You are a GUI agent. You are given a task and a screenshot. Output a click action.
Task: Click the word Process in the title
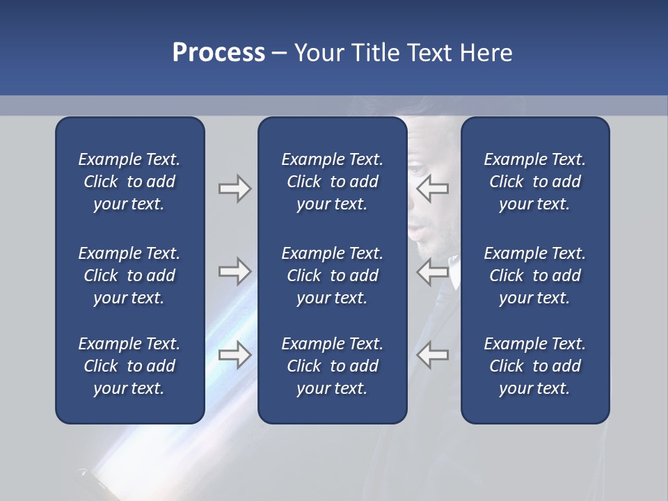click(x=218, y=53)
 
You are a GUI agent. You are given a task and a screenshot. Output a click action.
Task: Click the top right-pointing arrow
click(x=234, y=189)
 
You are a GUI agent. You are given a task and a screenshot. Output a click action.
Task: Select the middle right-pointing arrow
click(x=234, y=271)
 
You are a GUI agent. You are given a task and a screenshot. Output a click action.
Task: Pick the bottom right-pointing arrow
click(x=234, y=355)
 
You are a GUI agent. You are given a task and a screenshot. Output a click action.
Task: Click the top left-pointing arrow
click(x=433, y=189)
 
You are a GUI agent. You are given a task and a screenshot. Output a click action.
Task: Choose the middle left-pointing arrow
click(x=433, y=271)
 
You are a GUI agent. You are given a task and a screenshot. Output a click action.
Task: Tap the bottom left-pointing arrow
click(x=433, y=355)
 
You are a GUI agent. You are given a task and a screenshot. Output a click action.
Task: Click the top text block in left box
click(x=129, y=182)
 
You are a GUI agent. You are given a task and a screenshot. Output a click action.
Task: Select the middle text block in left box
click(x=129, y=276)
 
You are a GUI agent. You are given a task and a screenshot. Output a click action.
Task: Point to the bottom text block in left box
click(x=129, y=366)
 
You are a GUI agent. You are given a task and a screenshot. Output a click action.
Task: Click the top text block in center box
click(x=332, y=182)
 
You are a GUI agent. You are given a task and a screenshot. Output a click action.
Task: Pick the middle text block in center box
click(x=332, y=276)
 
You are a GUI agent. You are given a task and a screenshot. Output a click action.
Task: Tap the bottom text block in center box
click(x=332, y=366)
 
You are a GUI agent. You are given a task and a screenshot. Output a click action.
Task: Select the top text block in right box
click(x=534, y=182)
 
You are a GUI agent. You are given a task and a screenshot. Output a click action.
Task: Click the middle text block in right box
click(x=534, y=276)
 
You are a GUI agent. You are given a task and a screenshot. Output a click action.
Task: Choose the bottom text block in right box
click(x=534, y=366)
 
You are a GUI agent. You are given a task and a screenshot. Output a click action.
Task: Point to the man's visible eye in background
click(x=415, y=170)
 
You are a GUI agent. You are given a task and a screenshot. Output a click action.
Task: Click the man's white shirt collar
click(x=454, y=275)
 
